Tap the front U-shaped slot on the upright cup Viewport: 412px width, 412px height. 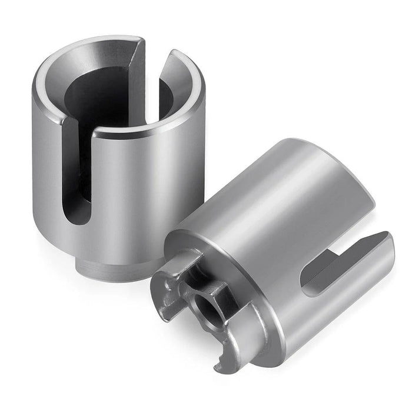79,177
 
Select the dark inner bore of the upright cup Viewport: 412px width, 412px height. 106,100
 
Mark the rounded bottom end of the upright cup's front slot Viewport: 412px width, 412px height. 79,218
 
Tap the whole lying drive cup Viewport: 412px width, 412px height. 277,253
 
